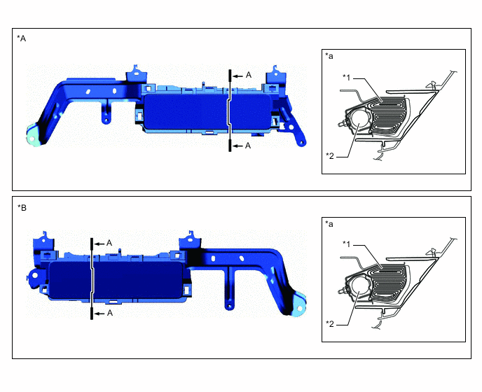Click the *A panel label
pyautogui.click(x=21, y=39)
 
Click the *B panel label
pyautogui.click(x=21, y=207)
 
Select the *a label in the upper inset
pyautogui.click(x=330, y=55)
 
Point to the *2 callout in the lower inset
pyautogui.click(x=331, y=323)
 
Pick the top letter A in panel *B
pyautogui.click(x=109, y=242)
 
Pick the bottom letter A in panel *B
pyautogui.click(x=109, y=314)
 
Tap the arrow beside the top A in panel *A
pyautogui.click(x=237, y=74)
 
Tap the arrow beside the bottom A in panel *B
pyautogui.click(x=99, y=314)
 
